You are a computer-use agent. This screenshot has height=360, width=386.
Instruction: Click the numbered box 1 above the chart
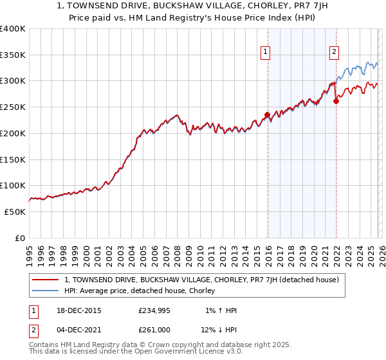(264, 53)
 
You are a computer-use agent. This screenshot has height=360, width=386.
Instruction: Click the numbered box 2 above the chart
(335, 53)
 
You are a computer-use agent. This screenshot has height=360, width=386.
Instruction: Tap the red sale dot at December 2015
(267, 115)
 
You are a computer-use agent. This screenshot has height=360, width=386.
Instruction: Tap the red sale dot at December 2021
(336, 101)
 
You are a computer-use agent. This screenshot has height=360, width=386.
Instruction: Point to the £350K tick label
(13, 55)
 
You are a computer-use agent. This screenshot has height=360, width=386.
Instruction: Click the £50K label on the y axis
(15, 212)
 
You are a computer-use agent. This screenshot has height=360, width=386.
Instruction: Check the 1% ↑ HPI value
(220, 310)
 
